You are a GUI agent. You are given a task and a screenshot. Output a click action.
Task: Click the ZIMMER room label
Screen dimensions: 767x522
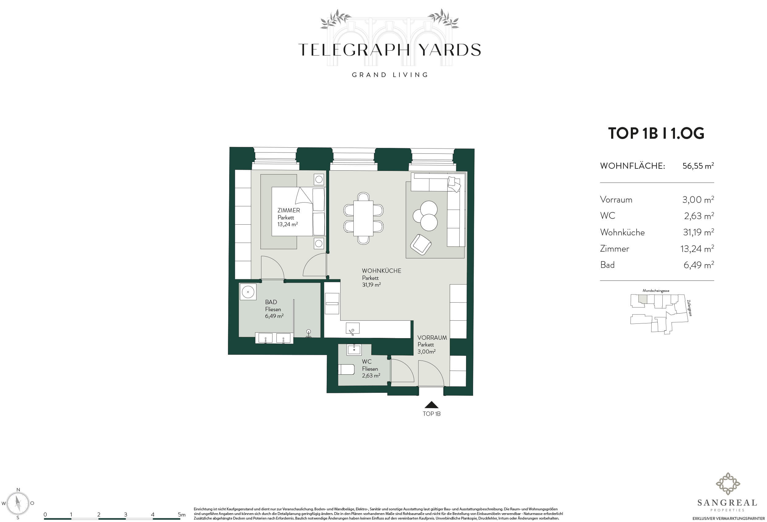pos(288,210)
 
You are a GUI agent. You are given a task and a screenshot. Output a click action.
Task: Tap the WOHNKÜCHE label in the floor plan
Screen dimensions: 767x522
pos(382,271)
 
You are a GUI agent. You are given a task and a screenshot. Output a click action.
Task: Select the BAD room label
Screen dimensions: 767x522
pos(271,302)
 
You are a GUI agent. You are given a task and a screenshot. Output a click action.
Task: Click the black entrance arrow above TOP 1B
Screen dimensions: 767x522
pos(431,405)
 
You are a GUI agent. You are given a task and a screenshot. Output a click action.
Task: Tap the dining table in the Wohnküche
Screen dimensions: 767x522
pos(363,218)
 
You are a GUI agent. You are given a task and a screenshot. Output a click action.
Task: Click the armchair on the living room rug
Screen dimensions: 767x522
pos(421,244)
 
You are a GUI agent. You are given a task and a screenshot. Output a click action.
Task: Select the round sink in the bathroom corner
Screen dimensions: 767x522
pos(248,292)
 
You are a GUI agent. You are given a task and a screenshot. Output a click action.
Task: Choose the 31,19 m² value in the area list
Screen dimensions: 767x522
pos(698,232)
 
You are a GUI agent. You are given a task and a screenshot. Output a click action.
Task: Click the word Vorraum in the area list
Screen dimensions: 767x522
pos(616,200)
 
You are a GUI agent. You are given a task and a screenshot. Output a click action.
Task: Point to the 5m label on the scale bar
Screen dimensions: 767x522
pos(182,514)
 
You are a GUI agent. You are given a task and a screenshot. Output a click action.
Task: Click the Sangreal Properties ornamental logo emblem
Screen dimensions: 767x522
pos(727,484)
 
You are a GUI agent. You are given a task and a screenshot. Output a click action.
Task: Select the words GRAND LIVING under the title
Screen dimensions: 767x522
pos(390,75)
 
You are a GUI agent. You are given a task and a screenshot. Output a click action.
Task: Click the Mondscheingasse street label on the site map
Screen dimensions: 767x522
pos(656,291)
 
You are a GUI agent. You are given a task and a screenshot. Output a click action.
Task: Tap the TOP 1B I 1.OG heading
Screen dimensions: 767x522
pos(656,133)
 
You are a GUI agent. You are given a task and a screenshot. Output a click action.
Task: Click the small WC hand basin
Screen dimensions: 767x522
pos(354,349)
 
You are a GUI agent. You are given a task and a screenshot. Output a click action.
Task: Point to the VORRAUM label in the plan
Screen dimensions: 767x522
pos(432,338)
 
